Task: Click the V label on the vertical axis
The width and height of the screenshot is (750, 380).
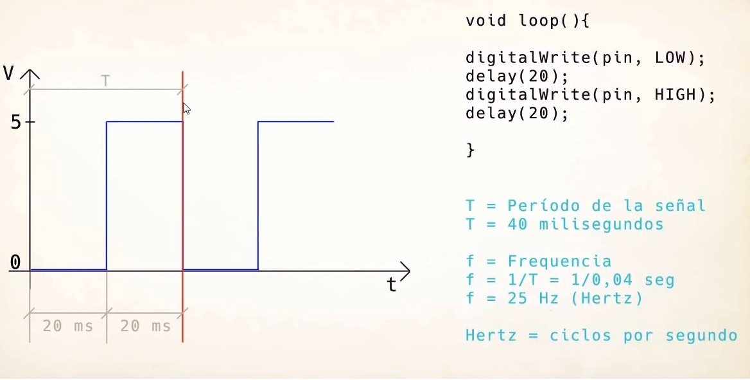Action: [8, 73]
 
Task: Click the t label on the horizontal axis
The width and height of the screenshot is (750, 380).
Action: [391, 285]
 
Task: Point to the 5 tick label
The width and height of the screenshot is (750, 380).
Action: [16, 122]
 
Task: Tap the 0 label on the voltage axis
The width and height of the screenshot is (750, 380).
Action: [16, 262]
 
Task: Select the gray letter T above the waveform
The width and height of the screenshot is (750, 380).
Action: [106, 81]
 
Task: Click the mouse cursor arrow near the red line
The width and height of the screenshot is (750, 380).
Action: [186, 108]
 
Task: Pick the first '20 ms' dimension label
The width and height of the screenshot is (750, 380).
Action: [67, 326]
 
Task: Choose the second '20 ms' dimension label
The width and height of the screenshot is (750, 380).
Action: [145, 326]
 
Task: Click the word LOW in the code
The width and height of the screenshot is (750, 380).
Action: [670, 58]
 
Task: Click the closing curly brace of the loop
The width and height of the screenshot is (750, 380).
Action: [470, 150]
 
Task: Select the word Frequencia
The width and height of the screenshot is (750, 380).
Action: [559, 262]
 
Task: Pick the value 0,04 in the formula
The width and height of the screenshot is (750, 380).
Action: [610, 280]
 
